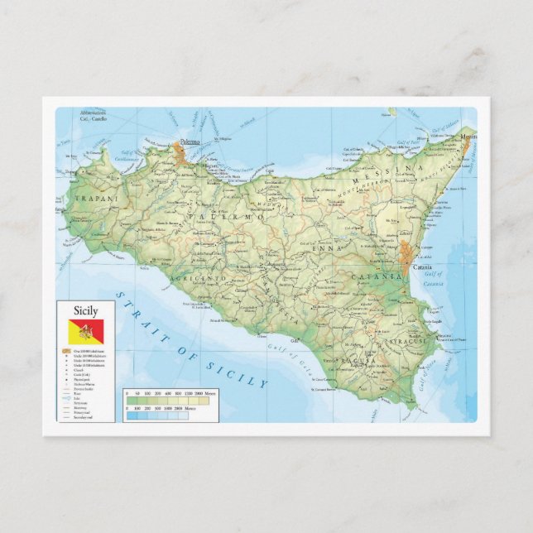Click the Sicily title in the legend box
coord(85,311)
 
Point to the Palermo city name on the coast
coord(190,142)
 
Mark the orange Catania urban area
coord(406,252)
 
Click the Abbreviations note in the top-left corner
coord(94,114)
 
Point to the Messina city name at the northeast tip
coord(468,136)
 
